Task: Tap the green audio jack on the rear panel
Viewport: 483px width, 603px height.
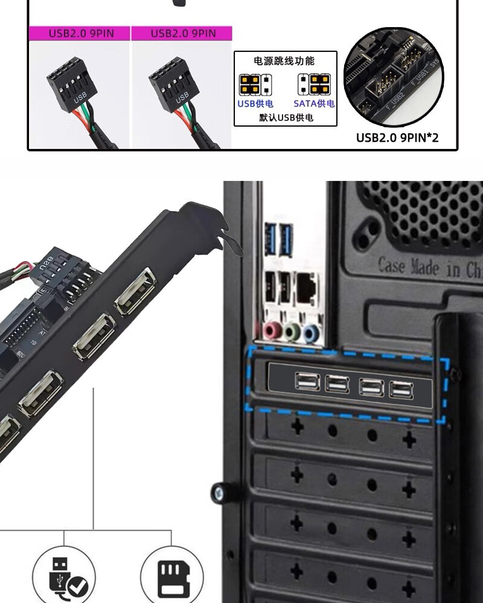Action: [292, 331]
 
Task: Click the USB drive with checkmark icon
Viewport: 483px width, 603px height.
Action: [65, 575]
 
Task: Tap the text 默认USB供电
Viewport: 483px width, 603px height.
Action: [286, 118]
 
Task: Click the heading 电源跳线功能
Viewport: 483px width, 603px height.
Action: [285, 62]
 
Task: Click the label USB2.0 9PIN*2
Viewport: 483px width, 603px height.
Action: [397, 138]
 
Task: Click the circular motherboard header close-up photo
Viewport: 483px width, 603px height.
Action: [393, 77]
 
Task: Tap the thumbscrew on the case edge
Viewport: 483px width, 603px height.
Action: [219, 493]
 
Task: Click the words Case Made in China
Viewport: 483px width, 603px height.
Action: [430, 267]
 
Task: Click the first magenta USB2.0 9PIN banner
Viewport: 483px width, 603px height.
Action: [80, 33]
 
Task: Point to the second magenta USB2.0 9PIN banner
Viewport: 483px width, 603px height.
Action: [182, 33]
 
